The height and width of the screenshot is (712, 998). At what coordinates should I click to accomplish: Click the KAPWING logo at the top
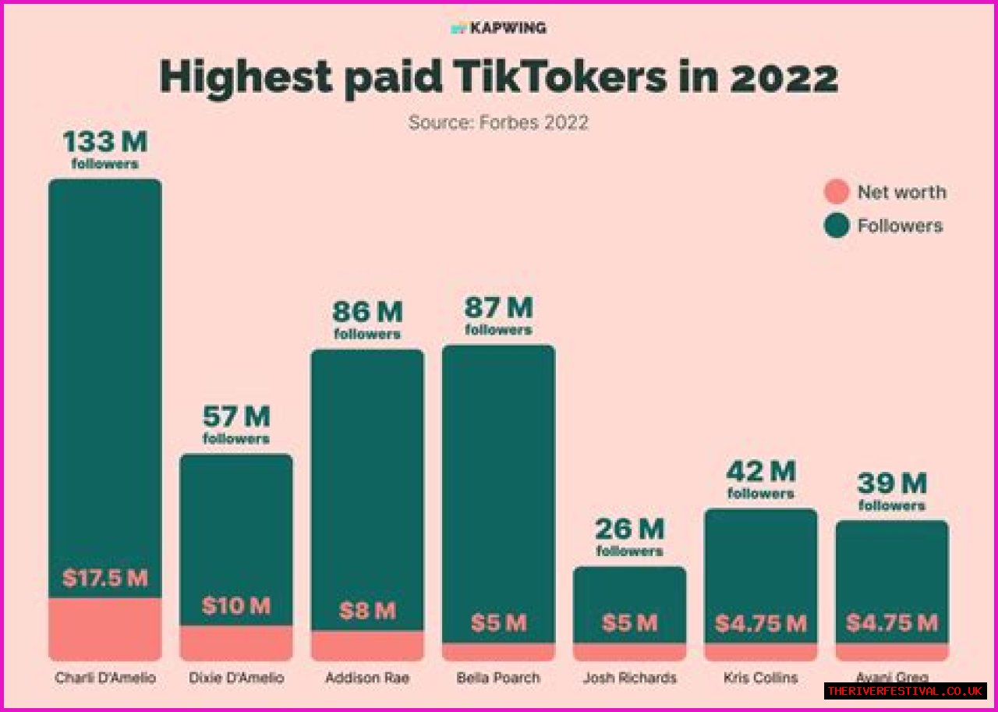click(499, 28)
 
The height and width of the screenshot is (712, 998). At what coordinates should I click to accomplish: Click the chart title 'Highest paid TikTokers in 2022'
click(499, 76)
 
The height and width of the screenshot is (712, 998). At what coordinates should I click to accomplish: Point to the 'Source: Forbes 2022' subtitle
click(499, 122)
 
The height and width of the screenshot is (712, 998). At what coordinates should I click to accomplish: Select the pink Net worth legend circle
click(837, 192)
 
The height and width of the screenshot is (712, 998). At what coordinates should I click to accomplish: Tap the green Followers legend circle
click(837, 226)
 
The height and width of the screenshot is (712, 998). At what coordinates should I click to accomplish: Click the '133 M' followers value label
click(104, 143)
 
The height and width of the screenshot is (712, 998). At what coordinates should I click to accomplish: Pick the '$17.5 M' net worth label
click(104, 579)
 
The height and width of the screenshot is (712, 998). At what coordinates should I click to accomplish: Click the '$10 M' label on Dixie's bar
click(236, 606)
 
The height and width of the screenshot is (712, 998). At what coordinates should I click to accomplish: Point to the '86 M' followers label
click(367, 312)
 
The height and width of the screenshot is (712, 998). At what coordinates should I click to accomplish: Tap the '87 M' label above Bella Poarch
click(498, 308)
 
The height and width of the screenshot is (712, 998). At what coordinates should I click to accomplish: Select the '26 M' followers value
click(629, 530)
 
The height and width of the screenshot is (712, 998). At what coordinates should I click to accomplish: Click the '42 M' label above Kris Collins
click(760, 472)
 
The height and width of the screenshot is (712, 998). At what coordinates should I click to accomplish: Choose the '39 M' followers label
click(892, 484)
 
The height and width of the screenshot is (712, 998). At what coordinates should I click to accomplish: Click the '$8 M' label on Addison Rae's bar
click(367, 611)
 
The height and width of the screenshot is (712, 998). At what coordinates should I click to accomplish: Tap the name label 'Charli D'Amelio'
click(105, 678)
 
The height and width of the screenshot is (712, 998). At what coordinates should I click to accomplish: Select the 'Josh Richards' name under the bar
click(629, 678)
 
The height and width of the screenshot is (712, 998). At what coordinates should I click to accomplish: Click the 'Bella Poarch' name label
click(498, 678)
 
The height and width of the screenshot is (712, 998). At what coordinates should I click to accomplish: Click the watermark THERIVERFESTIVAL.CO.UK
click(905, 692)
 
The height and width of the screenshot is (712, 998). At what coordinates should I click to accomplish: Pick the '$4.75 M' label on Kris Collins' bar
click(760, 624)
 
